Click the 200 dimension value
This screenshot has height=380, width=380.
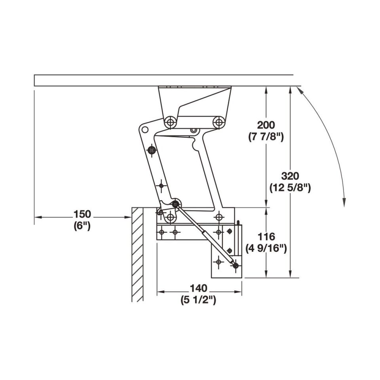pyautogui.click(x=266, y=125)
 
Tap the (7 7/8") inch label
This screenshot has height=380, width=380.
pyautogui.click(x=266, y=137)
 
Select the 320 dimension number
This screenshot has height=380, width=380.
pyautogui.click(x=290, y=176)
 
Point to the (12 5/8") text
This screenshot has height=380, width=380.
pyautogui.click(x=290, y=188)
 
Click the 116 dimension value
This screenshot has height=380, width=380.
pyautogui.click(x=266, y=237)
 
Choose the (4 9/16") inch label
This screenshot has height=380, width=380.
pyautogui.click(x=266, y=249)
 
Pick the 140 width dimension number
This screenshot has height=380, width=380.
pyautogui.click(x=198, y=289)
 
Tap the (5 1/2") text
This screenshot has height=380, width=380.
pyautogui.click(x=198, y=300)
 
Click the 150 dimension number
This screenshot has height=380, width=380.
pyautogui.click(x=82, y=214)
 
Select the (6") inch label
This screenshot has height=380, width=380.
pyautogui.click(x=82, y=226)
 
